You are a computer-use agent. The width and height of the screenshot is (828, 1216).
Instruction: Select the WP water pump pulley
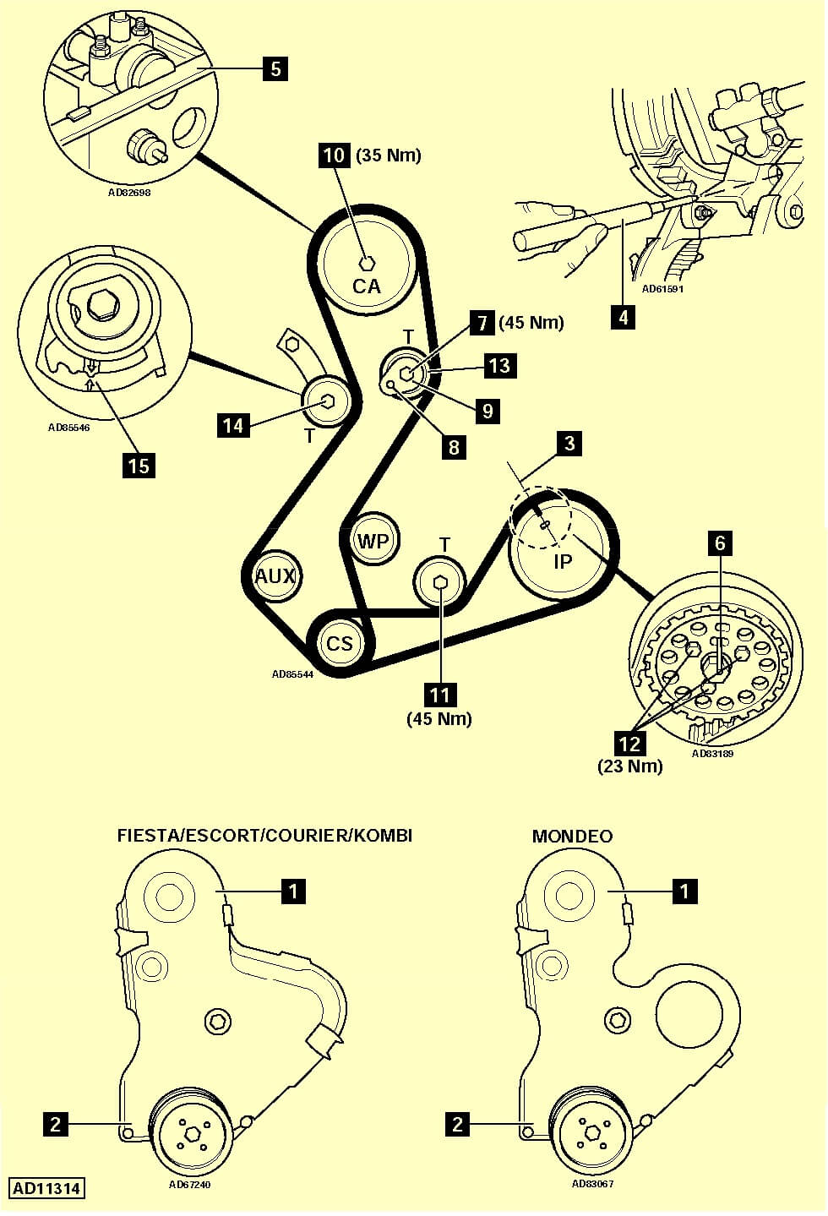click(373, 540)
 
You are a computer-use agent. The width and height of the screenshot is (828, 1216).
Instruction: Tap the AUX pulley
click(275, 576)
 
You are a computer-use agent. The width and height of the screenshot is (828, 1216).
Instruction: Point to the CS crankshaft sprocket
click(340, 644)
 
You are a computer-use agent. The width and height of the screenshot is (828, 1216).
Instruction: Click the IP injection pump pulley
click(562, 545)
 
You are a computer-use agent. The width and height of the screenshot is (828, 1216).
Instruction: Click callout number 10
click(335, 155)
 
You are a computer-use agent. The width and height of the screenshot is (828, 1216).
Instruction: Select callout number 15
click(138, 465)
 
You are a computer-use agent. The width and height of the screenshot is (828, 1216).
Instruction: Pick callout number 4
click(623, 317)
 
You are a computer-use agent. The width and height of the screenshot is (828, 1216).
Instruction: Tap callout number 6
click(720, 543)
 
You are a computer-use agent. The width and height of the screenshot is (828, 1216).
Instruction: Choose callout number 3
click(569, 443)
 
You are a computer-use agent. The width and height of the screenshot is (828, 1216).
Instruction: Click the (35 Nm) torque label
click(389, 155)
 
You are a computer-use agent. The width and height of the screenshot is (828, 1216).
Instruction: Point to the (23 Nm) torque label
click(630, 766)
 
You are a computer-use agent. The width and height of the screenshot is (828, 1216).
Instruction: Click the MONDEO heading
click(572, 836)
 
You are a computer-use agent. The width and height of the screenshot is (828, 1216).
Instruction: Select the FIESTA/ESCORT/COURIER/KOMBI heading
click(264, 836)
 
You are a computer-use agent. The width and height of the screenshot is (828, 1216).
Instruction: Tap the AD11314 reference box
click(47, 1188)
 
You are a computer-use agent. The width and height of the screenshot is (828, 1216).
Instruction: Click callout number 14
click(233, 425)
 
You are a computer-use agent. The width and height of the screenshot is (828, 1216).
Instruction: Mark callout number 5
click(275, 68)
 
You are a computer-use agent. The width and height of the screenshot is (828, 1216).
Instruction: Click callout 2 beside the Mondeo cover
click(457, 1124)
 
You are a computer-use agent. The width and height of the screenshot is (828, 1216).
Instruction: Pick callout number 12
click(630, 744)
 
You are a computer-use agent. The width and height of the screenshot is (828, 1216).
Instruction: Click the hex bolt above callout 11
click(440, 581)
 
